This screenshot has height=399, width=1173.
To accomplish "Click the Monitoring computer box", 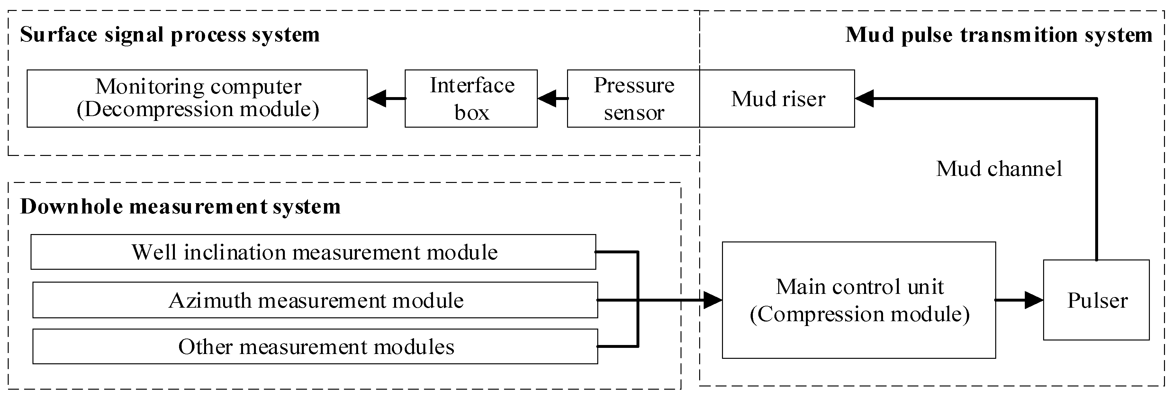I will coord(197,98).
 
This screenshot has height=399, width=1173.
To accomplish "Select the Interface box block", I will coord(471,98).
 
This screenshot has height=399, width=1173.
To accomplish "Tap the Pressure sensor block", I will coord(633,98).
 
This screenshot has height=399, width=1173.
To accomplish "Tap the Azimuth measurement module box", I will coord(315,301).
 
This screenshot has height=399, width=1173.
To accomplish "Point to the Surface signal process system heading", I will coord(169,35).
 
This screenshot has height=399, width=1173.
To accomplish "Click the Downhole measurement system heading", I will coord(180,207).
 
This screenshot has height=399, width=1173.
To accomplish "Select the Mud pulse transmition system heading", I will coord(998,35).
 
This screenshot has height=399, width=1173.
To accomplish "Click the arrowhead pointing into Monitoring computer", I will coord(377,98).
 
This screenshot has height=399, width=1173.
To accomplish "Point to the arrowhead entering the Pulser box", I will coord(1034,301).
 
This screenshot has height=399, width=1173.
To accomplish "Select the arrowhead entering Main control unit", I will coord(713,300).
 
